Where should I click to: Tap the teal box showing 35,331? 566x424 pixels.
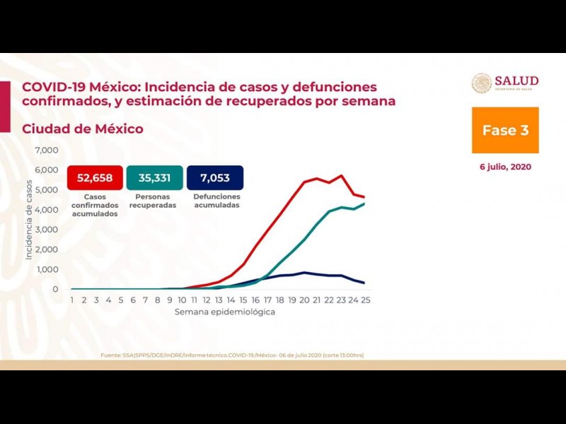(154, 177)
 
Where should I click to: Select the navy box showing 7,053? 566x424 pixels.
(214, 177)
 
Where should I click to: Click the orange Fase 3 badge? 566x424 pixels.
(505, 130)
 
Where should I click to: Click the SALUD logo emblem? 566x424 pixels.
(482, 83)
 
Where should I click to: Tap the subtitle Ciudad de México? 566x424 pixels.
(83, 129)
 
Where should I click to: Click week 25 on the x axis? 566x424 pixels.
(364, 300)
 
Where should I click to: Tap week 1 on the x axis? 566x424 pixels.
(71, 300)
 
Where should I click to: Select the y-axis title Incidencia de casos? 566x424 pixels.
(29, 220)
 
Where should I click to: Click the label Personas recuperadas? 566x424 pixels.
(154, 201)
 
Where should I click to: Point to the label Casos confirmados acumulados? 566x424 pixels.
(95, 205)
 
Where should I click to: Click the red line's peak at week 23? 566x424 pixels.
(342, 175)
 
